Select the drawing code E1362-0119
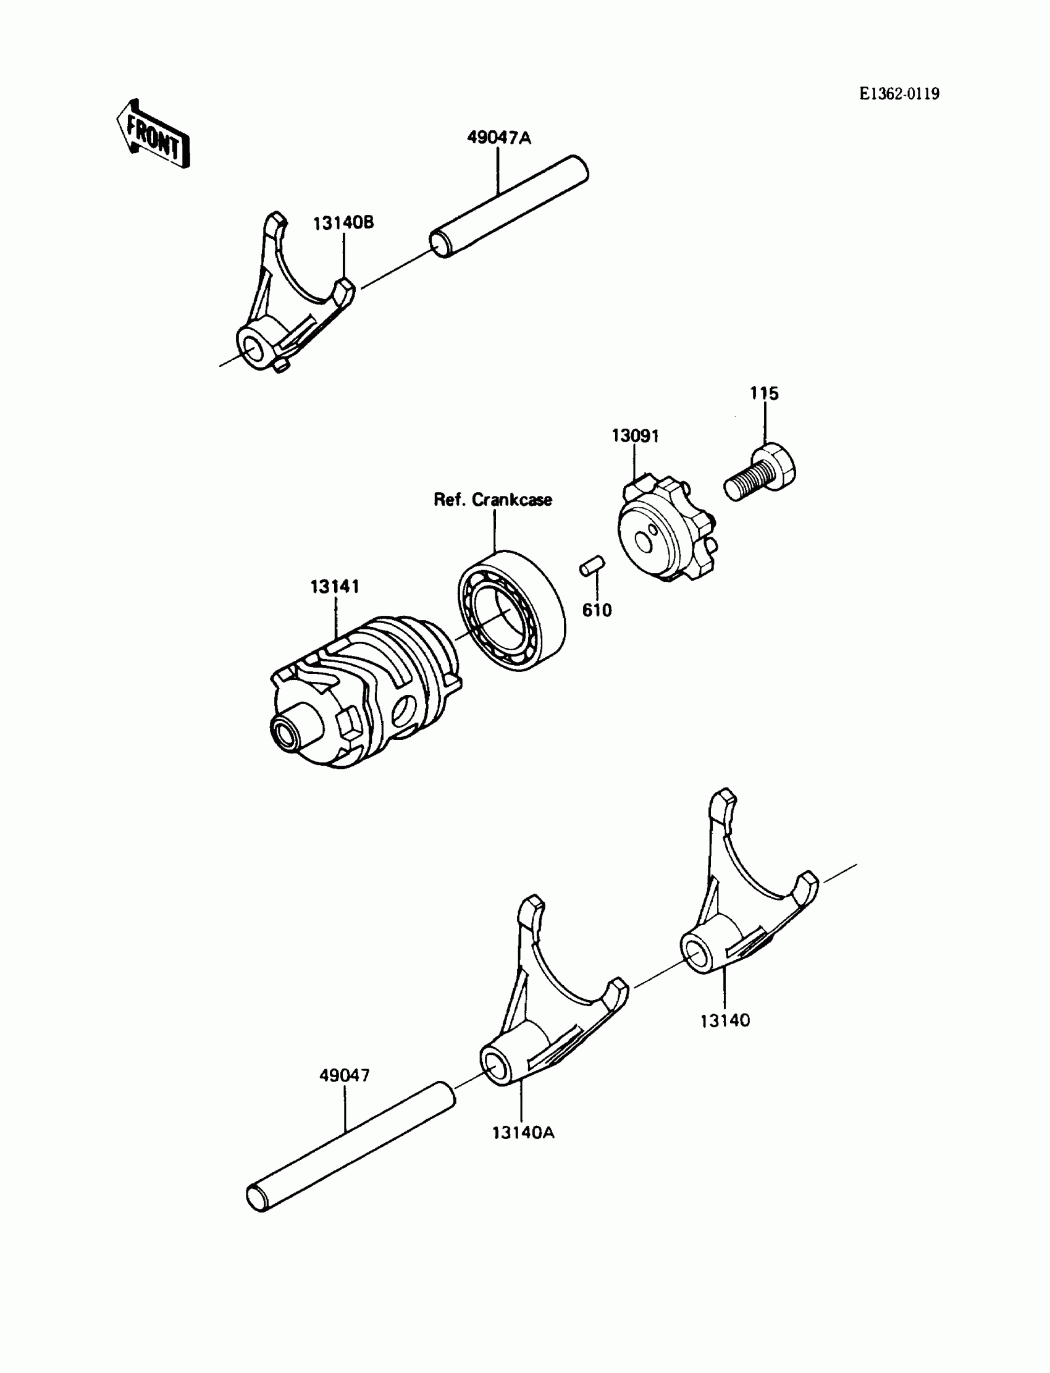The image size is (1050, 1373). pos(899,94)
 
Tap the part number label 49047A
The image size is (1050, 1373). pos(499,138)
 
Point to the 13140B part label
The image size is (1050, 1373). pos(343,222)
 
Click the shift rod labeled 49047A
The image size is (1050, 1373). pos(510,208)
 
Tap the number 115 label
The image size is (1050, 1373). pos(765,393)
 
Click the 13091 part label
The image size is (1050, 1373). pos(635,435)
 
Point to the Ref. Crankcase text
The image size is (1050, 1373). pos(493,499)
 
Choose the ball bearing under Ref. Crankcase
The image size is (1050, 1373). pos(511,610)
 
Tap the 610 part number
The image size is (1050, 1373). pos(597,610)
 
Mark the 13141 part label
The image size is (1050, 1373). pos(335,586)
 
